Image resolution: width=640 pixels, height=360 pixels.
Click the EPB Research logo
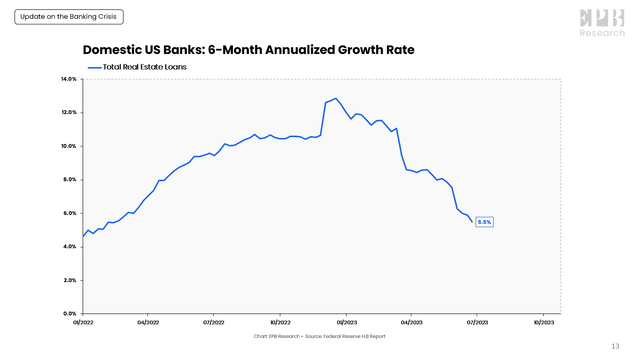coord(602,22)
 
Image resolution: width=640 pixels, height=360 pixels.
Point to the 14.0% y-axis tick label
coord(69,79)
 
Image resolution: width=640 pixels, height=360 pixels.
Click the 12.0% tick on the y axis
coord(69,112)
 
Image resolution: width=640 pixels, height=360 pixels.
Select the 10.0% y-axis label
coord(69,146)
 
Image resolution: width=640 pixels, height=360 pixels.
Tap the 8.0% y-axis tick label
coord(70,180)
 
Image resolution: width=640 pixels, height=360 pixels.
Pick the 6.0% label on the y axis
coord(70,213)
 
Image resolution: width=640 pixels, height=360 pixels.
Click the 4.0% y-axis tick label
coord(70,247)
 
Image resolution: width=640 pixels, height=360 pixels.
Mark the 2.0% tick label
coord(70,281)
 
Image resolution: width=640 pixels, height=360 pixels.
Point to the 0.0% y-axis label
coord(70,314)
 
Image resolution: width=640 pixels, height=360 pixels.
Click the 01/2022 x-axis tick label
coord(83,323)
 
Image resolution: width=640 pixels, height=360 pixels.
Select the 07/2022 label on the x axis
coord(214,323)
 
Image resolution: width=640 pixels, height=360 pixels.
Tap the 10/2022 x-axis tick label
coord(280,323)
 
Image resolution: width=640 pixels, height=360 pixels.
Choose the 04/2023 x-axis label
coord(412,323)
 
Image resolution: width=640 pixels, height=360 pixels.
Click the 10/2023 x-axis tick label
coord(544,323)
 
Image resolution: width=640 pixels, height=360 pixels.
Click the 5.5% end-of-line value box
coord(484,222)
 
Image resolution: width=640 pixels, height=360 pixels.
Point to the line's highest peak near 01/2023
coord(336,98)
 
